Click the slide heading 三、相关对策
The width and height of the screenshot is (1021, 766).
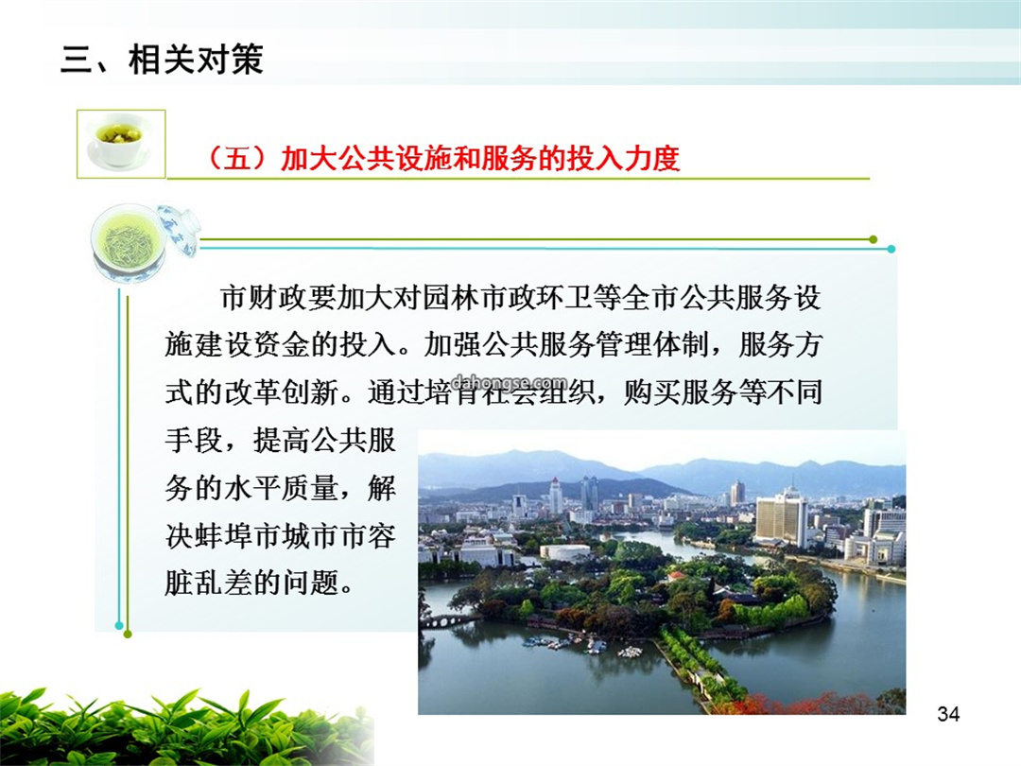(x=162, y=60)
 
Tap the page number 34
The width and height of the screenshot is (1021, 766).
(x=948, y=714)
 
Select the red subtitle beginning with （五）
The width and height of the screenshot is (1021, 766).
(x=442, y=158)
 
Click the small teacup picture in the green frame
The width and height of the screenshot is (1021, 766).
(x=121, y=144)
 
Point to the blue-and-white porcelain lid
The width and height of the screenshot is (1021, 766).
(x=179, y=229)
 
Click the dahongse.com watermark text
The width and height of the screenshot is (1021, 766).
(x=508, y=382)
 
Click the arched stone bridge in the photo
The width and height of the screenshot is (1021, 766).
(x=447, y=620)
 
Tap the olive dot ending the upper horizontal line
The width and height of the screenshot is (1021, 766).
(x=874, y=239)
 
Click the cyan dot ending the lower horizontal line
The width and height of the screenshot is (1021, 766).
(x=891, y=249)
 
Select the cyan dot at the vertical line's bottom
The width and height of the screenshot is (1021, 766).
(x=118, y=625)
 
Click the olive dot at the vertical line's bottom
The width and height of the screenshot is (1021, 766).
(x=128, y=634)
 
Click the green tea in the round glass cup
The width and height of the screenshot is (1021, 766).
(x=127, y=242)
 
